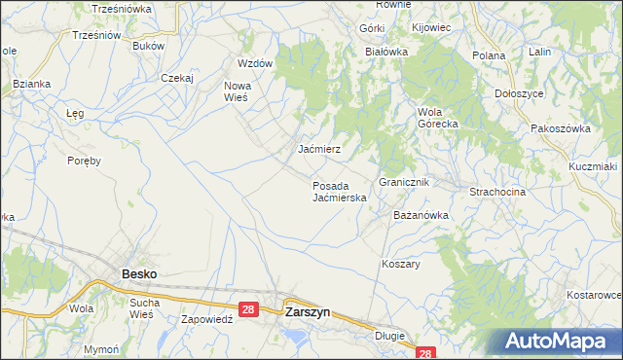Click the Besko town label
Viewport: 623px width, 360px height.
[x=139, y=274]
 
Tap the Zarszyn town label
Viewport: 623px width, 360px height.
[x=307, y=313]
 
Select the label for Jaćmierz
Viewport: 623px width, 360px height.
[x=318, y=150]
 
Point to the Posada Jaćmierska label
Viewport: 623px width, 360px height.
[x=339, y=191]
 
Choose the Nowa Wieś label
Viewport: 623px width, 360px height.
[x=238, y=91]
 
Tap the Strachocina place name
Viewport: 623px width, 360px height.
[x=497, y=192]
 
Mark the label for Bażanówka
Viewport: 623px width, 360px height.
[x=420, y=214]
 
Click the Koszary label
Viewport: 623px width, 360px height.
[x=400, y=264]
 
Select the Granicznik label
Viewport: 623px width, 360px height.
[x=404, y=182]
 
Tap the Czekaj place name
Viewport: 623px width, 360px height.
[x=178, y=78]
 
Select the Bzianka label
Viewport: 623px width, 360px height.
[x=31, y=84]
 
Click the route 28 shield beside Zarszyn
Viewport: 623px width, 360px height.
[x=248, y=309]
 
